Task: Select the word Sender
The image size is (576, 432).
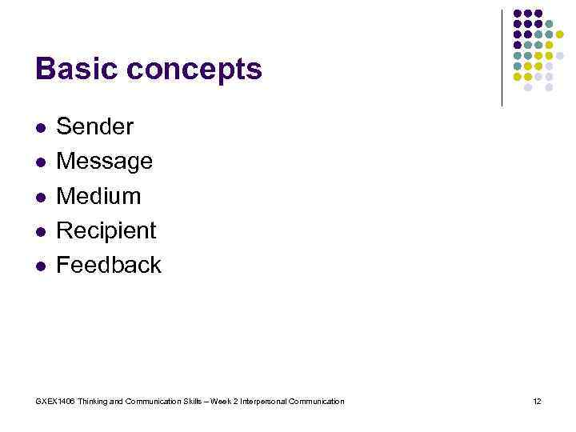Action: [x=94, y=126]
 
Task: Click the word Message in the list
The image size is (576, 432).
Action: [x=104, y=162]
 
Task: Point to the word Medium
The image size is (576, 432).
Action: [x=98, y=196]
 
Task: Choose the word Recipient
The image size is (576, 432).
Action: [x=106, y=230]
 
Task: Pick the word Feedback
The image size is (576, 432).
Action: [x=108, y=265]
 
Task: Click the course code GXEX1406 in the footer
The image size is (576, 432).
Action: [x=55, y=402]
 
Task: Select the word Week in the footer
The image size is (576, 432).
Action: [x=221, y=402]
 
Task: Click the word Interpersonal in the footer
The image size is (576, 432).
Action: [x=265, y=402]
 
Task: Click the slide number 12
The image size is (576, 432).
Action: [x=537, y=402]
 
